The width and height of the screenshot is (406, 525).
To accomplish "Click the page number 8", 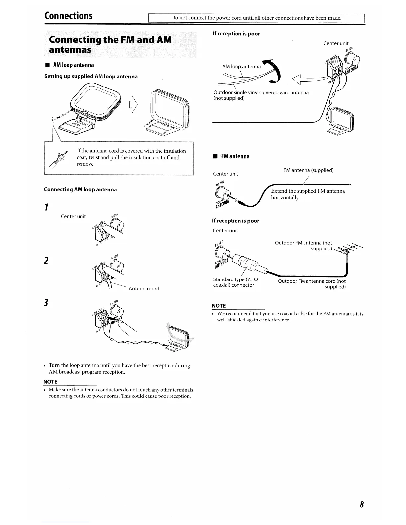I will tap(362, 505).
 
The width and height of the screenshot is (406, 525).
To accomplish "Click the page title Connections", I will tap(69, 16).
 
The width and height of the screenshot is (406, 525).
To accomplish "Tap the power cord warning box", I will tap(256, 18).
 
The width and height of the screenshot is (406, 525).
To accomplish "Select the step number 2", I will tap(47, 261).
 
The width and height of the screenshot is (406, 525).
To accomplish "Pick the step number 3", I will tap(47, 302).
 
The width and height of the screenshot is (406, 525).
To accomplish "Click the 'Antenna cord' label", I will tap(144, 289).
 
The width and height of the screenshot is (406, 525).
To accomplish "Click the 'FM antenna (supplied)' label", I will tap(308, 170).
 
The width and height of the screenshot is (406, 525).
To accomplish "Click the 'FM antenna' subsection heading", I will tap(235, 156).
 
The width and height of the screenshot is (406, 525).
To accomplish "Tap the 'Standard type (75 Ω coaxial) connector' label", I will tap(236, 282).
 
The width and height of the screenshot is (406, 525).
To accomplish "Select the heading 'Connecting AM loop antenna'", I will tap(80, 190).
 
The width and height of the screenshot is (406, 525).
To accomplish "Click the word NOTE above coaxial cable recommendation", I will tap(219, 306).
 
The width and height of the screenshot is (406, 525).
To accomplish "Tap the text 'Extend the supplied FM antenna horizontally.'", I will tap(308, 194).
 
